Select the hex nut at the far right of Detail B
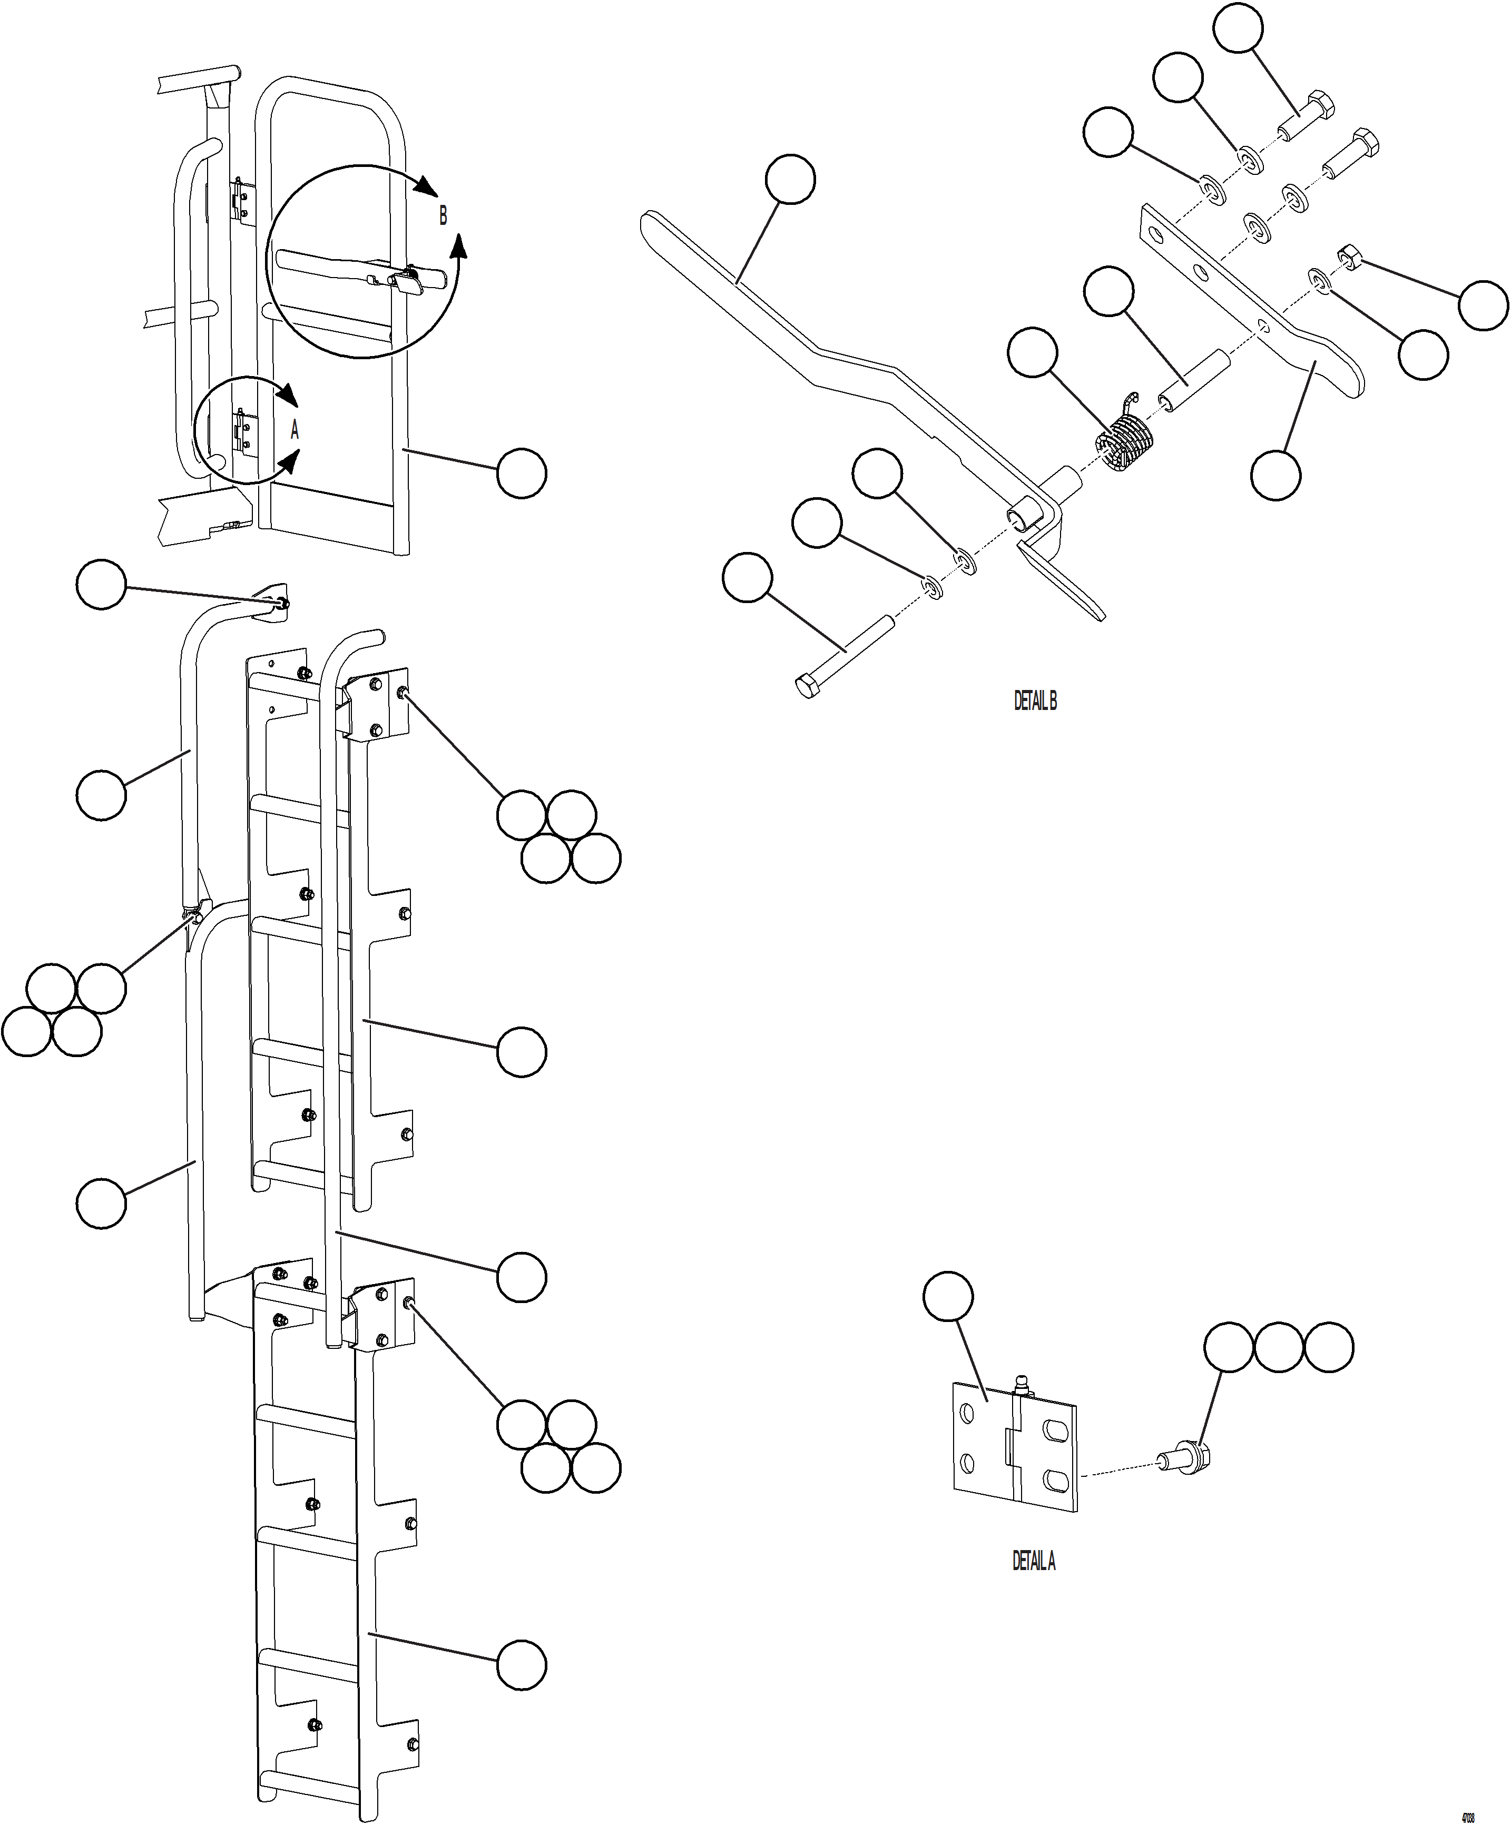point(1349,255)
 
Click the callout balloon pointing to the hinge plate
point(948,1297)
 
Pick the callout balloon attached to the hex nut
point(1483,305)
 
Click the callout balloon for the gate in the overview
point(522,473)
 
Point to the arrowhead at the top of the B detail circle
point(426,187)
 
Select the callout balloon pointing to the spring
point(1033,352)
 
